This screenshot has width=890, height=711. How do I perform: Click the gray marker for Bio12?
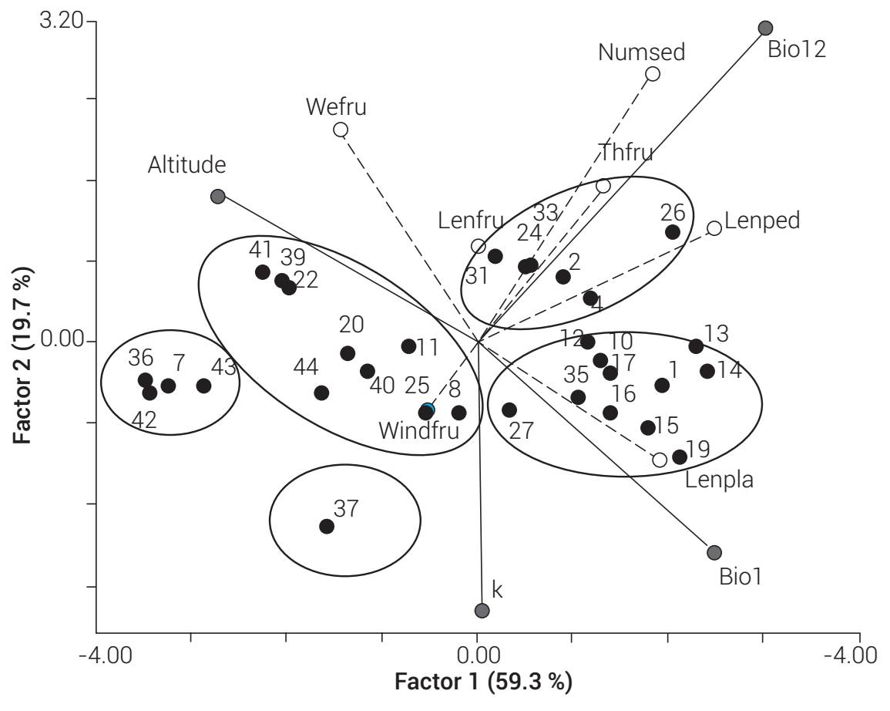pyautogui.click(x=765, y=29)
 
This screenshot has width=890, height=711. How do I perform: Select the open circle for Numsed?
pyautogui.click(x=653, y=74)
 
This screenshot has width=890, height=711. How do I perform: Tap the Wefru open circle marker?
pyautogui.click(x=341, y=130)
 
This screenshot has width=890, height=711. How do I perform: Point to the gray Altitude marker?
pyautogui.click(x=218, y=197)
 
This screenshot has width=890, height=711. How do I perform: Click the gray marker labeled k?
pyautogui.click(x=482, y=611)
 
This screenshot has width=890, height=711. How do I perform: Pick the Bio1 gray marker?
pyautogui.click(x=714, y=552)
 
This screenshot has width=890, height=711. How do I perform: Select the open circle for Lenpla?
pyautogui.click(x=660, y=460)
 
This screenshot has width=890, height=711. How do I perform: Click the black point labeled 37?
pyautogui.click(x=327, y=527)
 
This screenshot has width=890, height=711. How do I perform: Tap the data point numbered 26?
pyautogui.click(x=673, y=231)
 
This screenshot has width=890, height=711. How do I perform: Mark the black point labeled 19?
pyautogui.click(x=680, y=457)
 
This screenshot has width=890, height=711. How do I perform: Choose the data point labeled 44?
pyautogui.click(x=321, y=393)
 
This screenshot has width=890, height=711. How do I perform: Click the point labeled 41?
pyautogui.click(x=263, y=272)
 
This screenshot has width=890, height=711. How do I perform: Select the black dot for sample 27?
pyautogui.click(x=509, y=410)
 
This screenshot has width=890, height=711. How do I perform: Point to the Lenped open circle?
pyautogui.click(x=714, y=228)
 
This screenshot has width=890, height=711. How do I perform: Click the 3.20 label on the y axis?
pyautogui.click(x=61, y=21)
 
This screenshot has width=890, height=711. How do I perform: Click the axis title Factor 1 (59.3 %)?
pyautogui.click(x=484, y=682)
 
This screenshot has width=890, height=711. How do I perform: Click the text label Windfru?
pyautogui.click(x=418, y=430)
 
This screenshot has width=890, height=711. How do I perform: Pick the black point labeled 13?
pyautogui.click(x=696, y=346)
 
